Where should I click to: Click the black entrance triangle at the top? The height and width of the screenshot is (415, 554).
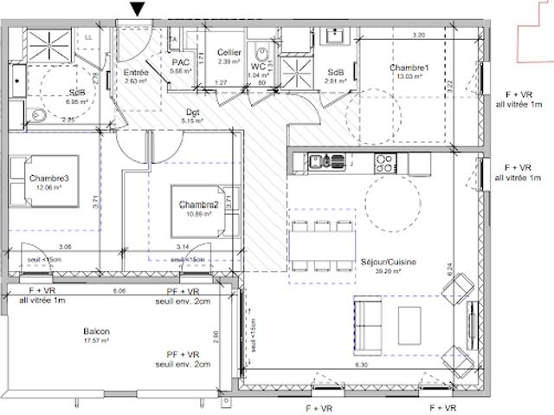click(137, 10)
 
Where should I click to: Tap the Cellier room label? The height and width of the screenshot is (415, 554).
click(229, 53)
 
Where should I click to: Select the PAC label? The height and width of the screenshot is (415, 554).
click(180, 62)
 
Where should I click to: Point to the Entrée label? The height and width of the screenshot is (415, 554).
click(136, 73)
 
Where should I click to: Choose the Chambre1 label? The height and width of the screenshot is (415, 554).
click(409, 68)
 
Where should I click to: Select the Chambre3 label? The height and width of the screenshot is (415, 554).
click(48, 178)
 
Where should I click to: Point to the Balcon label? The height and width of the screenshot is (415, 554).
click(96, 332)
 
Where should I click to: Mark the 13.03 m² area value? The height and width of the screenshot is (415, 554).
click(409, 76)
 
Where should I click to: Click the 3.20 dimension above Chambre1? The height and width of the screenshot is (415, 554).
click(418, 36)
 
